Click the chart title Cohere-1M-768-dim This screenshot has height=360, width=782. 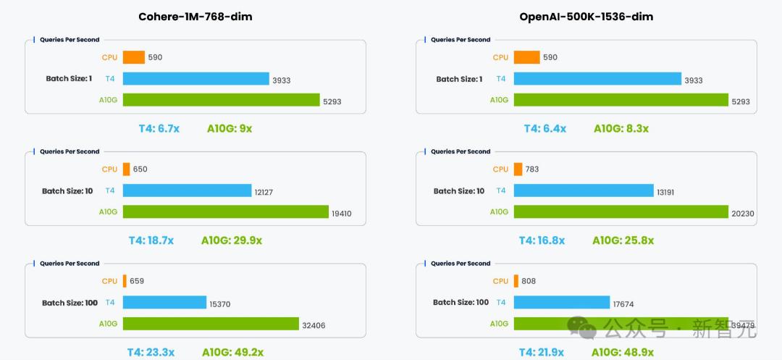pos(195,17)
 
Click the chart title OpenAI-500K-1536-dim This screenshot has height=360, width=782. pos(586,17)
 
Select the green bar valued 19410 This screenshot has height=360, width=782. pos(225,212)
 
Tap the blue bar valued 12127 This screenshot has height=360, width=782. pos(186,191)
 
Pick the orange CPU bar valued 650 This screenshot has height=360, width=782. pos(126,169)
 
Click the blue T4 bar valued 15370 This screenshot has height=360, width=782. pos(164,302)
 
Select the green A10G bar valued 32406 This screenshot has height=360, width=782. pos(210,324)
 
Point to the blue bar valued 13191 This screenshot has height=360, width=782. pos(583,191)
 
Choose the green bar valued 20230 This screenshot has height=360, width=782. pos(621,212)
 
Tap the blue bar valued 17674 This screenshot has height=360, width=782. pos(561,302)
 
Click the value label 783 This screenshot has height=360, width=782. pos(531,169)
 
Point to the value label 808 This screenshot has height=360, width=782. pos(528,281)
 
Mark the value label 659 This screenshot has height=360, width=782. pos(137,281)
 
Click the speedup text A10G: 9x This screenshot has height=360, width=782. pos(230,129)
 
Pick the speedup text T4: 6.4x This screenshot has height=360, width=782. pos(545,129)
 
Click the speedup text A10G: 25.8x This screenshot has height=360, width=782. pos(623,240)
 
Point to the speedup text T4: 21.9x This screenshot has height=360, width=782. pos(542,352)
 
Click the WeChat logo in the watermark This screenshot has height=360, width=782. pos(582,327)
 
